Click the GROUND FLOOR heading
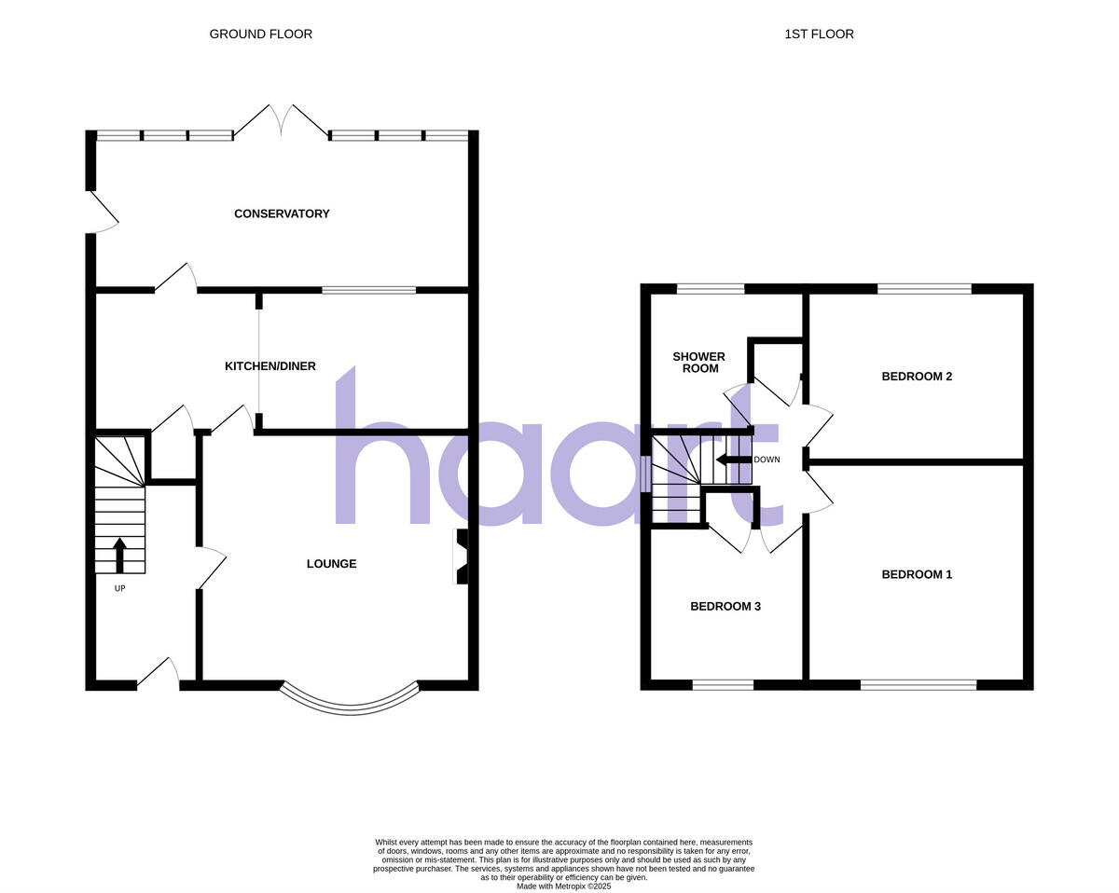[x=260, y=34]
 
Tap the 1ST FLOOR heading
[x=819, y=34]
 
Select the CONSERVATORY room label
[x=282, y=213]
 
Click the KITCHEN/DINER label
[x=270, y=366]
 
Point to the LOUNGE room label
[x=332, y=564]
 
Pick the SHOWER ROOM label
[x=699, y=363]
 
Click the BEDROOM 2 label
[x=917, y=377]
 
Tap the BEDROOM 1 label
[x=917, y=574]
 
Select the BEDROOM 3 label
[x=725, y=606]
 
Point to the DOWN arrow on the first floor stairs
[x=734, y=460]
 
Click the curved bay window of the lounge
[x=350, y=702]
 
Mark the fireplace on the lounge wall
[x=461, y=556]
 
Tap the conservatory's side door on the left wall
[x=101, y=213]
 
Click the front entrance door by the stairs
[x=159, y=674]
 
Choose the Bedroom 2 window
[x=924, y=289]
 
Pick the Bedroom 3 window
[x=723, y=685]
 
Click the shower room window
[x=711, y=289]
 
